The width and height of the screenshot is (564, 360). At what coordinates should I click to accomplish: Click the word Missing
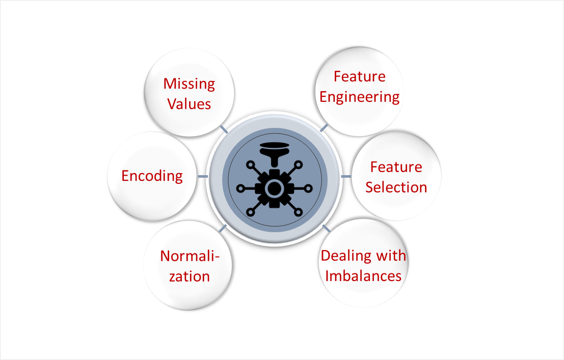click(189, 84)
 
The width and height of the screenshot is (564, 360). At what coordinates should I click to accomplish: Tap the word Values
click(189, 104)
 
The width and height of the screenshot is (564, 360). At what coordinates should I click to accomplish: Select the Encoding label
click(152, 176)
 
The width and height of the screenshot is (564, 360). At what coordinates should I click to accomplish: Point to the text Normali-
click(190, 256)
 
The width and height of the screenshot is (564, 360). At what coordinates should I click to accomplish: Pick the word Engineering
click(360, 97)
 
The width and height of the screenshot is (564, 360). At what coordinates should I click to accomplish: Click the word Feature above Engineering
click(360, 76)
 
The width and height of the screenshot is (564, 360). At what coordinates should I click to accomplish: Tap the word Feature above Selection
click(396, 167)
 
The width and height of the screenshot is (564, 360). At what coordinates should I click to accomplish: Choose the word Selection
click(396, 187)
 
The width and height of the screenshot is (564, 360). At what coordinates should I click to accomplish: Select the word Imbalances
click(363, 275)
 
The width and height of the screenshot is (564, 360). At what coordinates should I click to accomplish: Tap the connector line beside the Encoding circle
click(202, 176)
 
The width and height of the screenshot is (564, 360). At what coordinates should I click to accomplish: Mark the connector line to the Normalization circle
click(223, 228)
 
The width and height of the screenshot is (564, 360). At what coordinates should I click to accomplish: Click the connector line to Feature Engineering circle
click(324, 127)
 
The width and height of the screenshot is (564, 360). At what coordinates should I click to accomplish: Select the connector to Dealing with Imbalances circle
click(327, 228)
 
